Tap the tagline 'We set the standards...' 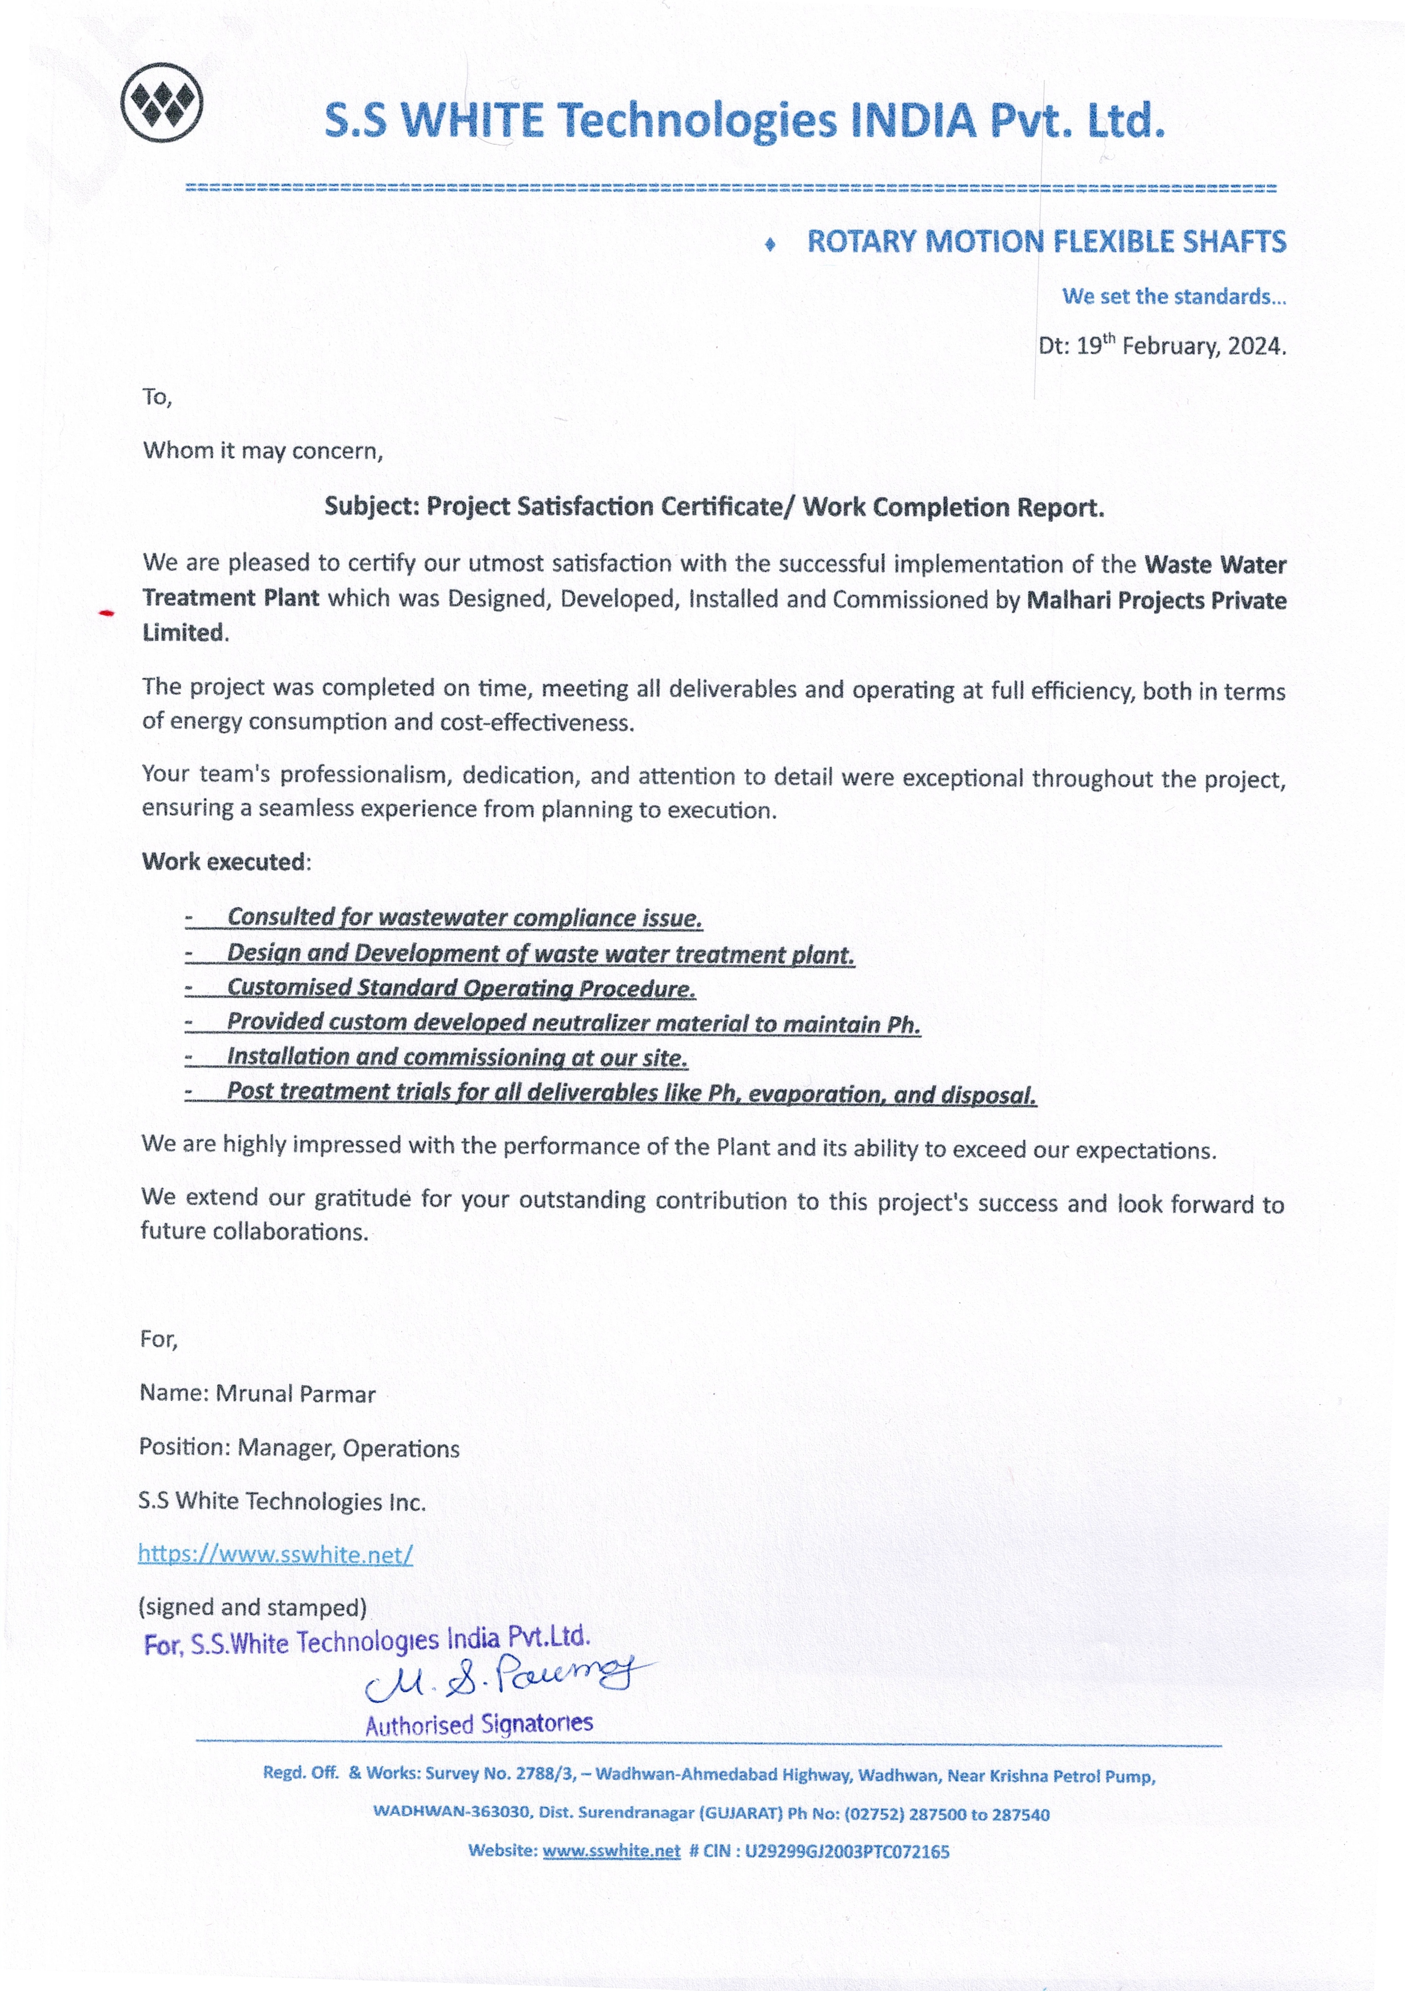click(1174, 297)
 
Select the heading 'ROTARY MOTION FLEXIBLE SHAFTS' click(1046, 242)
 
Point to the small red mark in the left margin click(107, 614)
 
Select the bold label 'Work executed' click(223, 862)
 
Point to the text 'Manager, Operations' click(349, 1448)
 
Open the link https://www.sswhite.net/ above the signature click(275, 1554)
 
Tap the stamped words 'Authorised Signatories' click(479, 1724)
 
